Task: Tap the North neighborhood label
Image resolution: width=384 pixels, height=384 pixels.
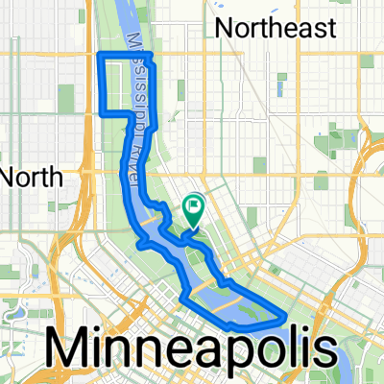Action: pyautogui.click(x=32, y=177)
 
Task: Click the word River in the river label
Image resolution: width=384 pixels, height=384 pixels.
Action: pyautogui.click(x=127, y=164)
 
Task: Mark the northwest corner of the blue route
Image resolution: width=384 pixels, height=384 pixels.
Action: pyautogui.click(x=101, y=56)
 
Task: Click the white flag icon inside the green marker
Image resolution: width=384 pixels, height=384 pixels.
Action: pyautogui.click(x=194, y=204)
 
